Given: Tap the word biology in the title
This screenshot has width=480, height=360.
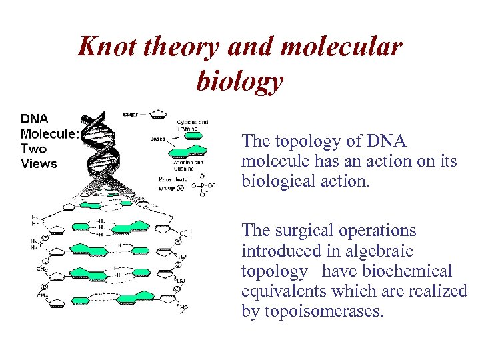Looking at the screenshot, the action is [x=240, y=81].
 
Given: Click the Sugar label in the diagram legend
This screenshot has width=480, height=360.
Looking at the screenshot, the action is [x=131, y=115].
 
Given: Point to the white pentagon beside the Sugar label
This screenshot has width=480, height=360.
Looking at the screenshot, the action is [x=158, y=115].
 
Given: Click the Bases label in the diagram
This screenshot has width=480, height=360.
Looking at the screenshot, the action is [x=157, y=139].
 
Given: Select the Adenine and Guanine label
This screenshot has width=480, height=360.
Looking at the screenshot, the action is [x=190, y=165].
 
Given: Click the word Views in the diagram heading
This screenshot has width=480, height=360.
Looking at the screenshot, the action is [x=39, y=163].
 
